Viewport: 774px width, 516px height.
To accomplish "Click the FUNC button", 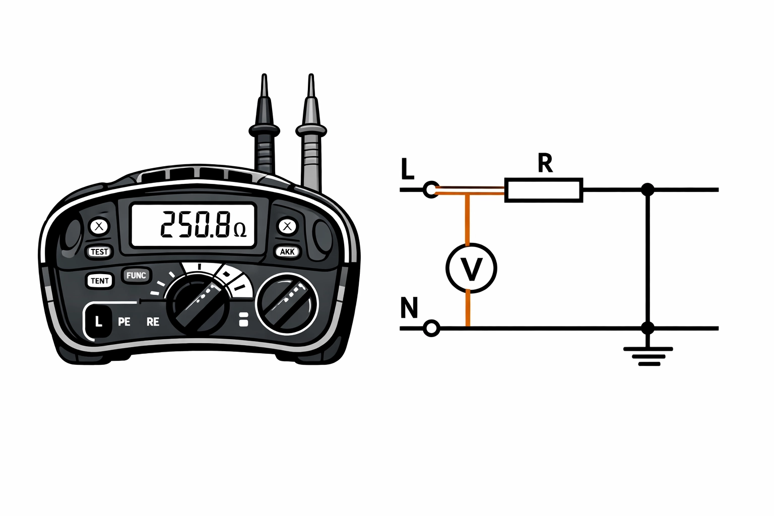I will [136, 276].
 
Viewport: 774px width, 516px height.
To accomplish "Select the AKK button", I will [287, 251].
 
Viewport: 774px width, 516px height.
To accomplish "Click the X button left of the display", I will [99, 226].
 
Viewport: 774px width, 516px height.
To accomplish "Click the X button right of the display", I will [288, 226].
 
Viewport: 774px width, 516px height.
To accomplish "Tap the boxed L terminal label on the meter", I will [98, 321].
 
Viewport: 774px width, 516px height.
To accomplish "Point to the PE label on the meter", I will [124, 322].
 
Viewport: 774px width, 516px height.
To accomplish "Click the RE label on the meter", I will [153, 322].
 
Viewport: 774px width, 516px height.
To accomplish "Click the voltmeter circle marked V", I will [471, 269].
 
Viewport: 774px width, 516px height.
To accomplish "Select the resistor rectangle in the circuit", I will [544, 190].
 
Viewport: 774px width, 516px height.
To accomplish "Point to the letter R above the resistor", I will [545, 164].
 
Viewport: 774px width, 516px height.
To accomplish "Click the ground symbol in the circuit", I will [648, 355].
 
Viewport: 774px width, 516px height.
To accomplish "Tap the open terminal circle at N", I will [431, 329].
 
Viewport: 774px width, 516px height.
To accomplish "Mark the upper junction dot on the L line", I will [648, 190].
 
